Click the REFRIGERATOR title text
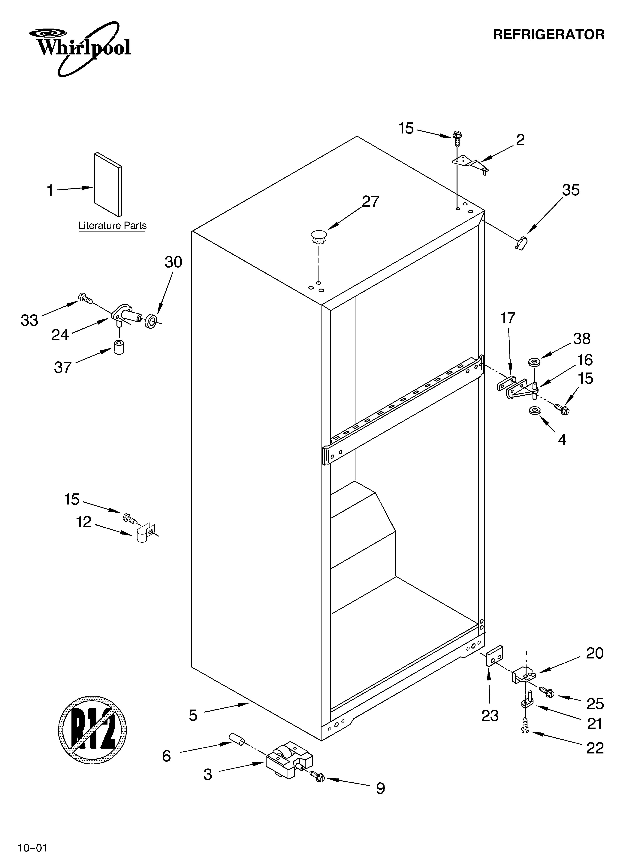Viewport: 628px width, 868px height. pyautogui.click(x=548, y=35)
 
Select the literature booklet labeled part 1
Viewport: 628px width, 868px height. pyautogui.click(x=108, y=184)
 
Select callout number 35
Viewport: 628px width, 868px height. pyautogui.click(x=571, y=190)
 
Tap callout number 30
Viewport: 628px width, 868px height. pyautogui.click(x=173, y=262)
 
